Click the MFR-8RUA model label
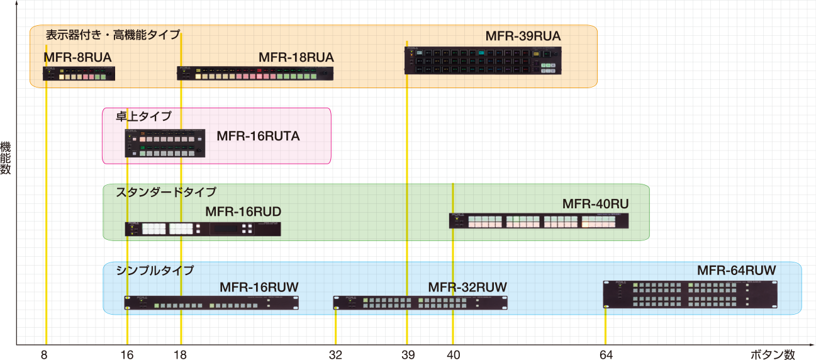pyautogui.click(x=77, y=57)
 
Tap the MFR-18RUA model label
pyautogui.click(x=296, y=57)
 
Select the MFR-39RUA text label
pyautogui.click(x=523, y=36)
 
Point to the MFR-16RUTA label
pyautogui.click(x=258, y=136)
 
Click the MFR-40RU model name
pyautogui.click(x=596, y=204)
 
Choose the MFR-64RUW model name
pyautogui.click(x=737, y=271)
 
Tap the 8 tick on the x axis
pyautogui.click(x=44, y=354)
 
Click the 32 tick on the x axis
pyautogui.click(x=335, y=354)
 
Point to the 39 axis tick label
pyautogui.click(x=408, y=354)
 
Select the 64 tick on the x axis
pyautogui.click(x=606, y=354)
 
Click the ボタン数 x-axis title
pyautogui.click(x=773, y=354)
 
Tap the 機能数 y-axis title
pyautogui.click(x=6, y=158)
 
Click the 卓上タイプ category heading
pyautogui.click(x=143, y=116)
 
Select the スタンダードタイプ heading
pyautogui.click(x=166, y=192)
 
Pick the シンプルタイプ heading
pyautogui.click(x=155, y=271)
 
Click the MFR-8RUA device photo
pyautogui.click(x=79, y=73)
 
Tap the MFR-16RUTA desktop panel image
pyautogui.click(x=165, y=143)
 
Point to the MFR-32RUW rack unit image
pyautogui.click(x=420, y=303)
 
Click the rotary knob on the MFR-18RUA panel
pyautogui.click(x=325, y=74)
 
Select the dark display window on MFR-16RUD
pyautogui.click(x=226, y=229)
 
